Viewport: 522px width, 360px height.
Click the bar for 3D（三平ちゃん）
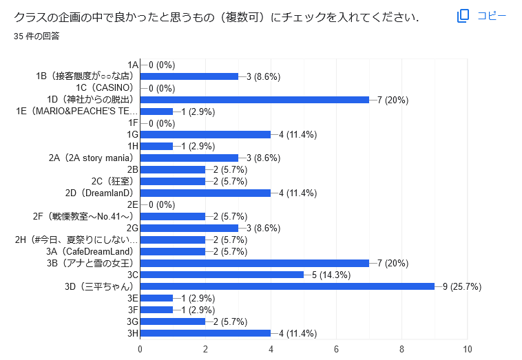pyautogui.click(x=287, y=286)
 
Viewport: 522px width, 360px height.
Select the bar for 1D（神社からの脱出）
pyautogui.click(x=255, y=100)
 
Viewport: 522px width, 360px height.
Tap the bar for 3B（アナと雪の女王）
pyautogui.click(x=255, y=263)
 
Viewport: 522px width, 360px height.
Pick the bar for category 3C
pyautogui.click(x=222, y=275)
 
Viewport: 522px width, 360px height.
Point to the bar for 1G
pyautogui.click(x=205, y=134)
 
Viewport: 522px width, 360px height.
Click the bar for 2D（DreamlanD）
pyautogui.click(x=205, y=193)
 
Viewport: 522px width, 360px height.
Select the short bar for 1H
pyautogui.click(x=156, y=146)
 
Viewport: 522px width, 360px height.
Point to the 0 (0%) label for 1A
pyautogui.click(x=162, y=65)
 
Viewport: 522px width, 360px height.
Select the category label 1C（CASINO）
pyautogui.click(x=104, y=88)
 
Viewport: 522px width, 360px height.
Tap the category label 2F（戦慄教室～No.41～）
pyautogui.click(x=83, y=216)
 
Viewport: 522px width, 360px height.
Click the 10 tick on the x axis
pyautogui.click(x=468, y=349)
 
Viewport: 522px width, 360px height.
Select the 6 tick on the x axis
pyautogui.click(x=337, y=349)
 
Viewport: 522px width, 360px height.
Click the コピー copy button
pyautogui.click(x=482, y=16)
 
